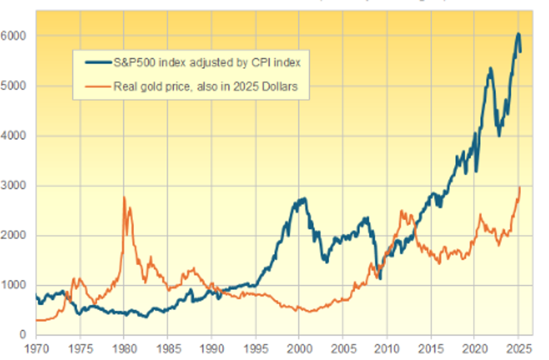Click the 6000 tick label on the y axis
pos(17,36)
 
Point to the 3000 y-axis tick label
pos(17,186)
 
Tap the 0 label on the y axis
pos(24,335)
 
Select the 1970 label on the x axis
pos(36,350)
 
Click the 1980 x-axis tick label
pos(124,350)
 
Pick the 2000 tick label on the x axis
pos(299,350)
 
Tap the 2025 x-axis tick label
pos(518,350)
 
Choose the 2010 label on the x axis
pos(386,350)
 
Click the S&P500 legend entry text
pos(207,62)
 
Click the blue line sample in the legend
pos(96,62)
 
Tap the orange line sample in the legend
pos(96,87)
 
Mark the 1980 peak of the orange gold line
pos(124,198)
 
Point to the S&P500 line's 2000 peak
pos(302,199)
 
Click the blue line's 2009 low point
pos(380,278)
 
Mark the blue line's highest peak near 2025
pos(518,34)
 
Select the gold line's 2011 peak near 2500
pos(402,211)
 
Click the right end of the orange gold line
pos(520,187)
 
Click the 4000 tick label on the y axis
pos(17,136)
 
